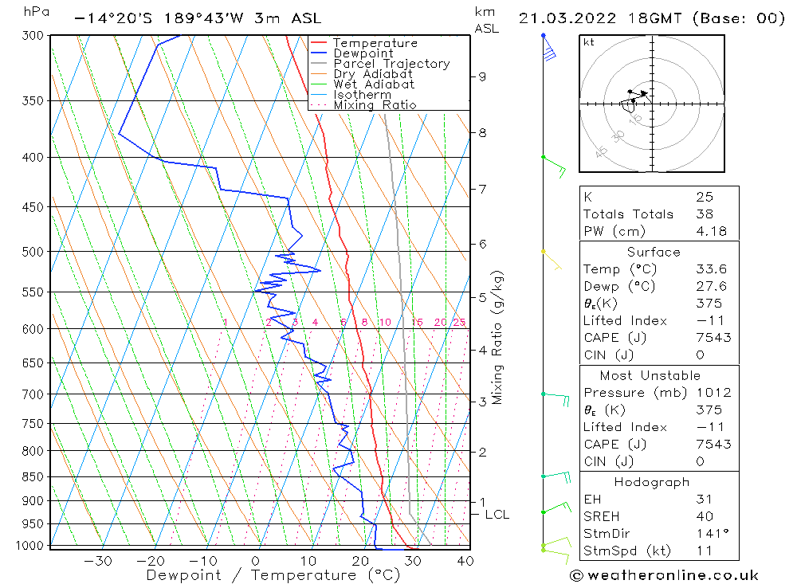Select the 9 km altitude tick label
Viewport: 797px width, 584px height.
[482, 76]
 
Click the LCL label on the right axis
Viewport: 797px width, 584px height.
[497, 515]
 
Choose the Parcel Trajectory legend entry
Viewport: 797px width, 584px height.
[391, 64]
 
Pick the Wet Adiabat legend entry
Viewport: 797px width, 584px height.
[374, 84]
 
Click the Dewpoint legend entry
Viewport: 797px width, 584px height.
[363, 53]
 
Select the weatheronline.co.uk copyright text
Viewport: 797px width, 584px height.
[663, 575]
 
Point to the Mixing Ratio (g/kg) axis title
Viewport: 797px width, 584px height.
[498, 338]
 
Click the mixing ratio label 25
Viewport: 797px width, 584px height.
[459, 322]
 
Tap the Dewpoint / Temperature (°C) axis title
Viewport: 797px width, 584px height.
[273, 575]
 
